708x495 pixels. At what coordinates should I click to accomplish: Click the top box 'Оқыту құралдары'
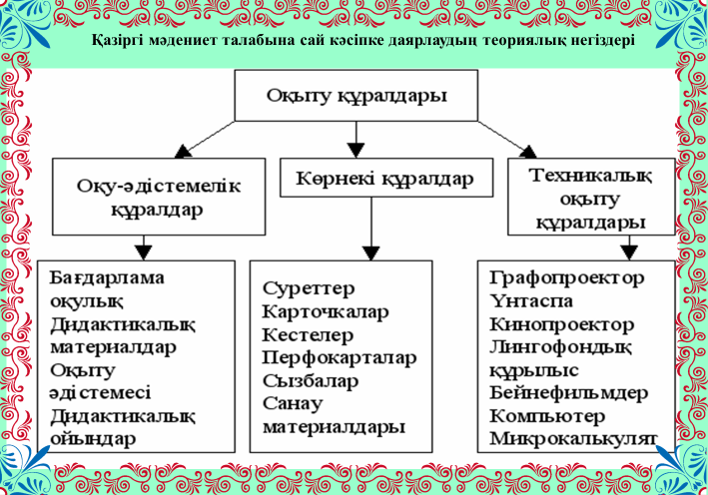355,96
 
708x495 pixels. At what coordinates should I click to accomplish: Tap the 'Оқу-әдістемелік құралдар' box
145,197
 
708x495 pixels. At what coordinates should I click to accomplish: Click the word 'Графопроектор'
567,277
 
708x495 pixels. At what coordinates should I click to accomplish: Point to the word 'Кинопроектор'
561,325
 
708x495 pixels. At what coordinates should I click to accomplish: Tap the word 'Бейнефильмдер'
569,392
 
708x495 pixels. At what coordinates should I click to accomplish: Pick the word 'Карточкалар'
326,312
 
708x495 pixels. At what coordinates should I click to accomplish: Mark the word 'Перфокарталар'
340,357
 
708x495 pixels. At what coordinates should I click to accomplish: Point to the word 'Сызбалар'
311,380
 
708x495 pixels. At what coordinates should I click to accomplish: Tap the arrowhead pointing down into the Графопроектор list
629,248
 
